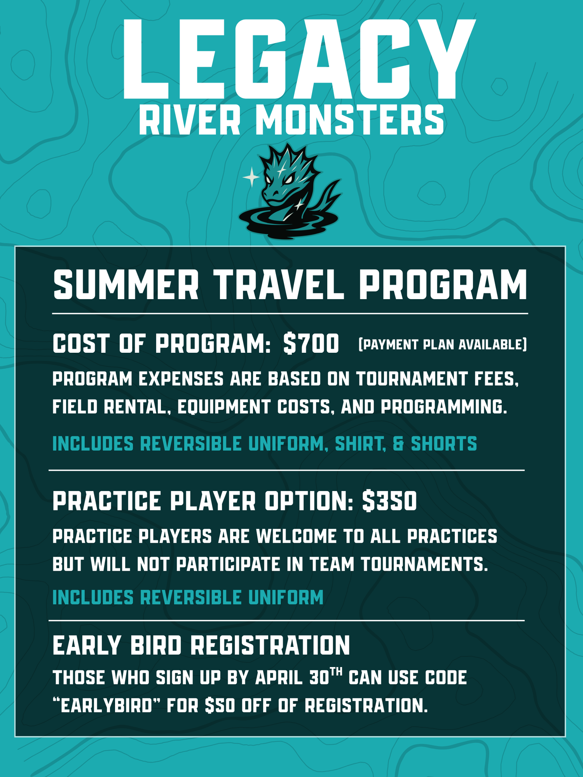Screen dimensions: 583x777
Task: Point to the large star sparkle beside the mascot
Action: pos(251,177)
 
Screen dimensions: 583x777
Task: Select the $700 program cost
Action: pos(311,343)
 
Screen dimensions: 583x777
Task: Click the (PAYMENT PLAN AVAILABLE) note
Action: pos(442,344)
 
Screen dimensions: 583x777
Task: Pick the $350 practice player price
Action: pos(389,501)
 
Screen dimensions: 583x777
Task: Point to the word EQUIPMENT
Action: pos(224,407)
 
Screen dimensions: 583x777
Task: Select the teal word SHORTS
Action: pos(444,444)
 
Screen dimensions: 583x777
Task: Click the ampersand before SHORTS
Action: pos(398,444)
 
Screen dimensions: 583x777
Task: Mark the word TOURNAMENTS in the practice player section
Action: pos(424,564)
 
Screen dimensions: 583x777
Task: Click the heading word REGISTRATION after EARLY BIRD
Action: pos(270,645)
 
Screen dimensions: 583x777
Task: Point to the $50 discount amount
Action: pos(220,705)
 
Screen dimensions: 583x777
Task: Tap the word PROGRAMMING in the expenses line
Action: pos(444,407)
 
